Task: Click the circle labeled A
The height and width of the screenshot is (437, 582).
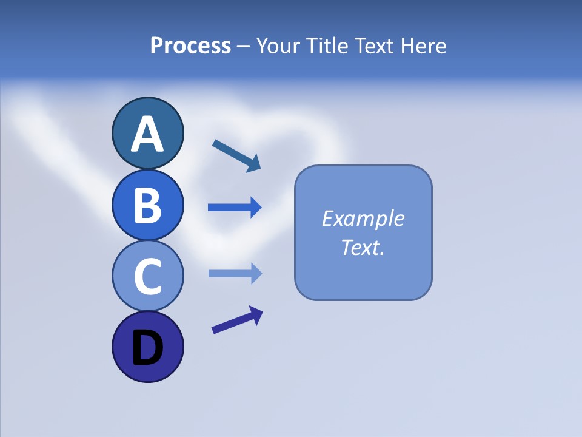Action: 147,134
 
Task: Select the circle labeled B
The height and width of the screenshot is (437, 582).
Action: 147,205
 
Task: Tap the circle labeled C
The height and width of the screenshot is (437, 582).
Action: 147,276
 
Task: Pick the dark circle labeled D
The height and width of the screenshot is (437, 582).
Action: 147,347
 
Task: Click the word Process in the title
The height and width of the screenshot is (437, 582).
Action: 190,46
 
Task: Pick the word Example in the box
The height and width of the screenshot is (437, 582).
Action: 363,218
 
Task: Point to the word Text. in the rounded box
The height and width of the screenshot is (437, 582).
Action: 363,247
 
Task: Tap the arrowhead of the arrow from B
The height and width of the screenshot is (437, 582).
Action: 255,208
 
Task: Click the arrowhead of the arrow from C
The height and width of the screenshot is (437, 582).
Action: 255,274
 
